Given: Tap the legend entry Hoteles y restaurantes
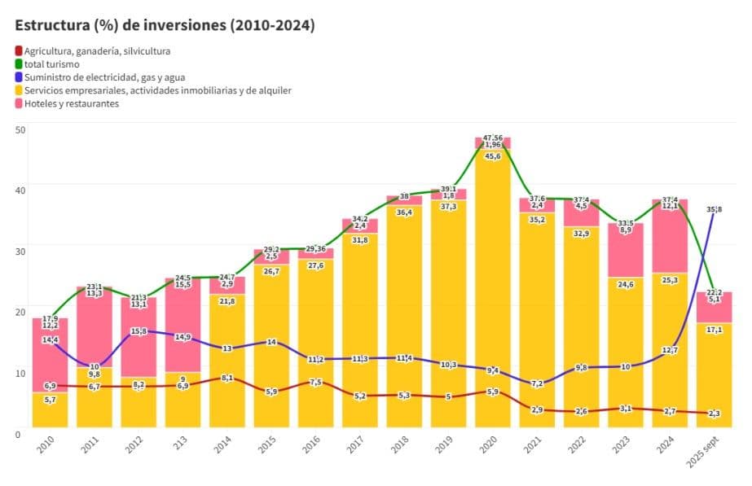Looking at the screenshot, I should click(72, 103).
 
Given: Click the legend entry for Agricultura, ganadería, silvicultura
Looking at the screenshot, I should click(97, 51).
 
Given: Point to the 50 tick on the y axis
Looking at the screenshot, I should click(20, 129).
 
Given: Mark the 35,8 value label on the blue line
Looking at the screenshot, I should click(715, 209).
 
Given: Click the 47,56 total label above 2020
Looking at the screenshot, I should click(493, 138).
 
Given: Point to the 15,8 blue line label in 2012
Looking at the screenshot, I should click(139, 331).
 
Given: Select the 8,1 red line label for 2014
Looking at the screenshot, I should click(227, 378).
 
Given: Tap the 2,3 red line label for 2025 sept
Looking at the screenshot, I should click(715, 414).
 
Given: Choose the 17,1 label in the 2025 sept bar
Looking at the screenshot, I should click(715, 329).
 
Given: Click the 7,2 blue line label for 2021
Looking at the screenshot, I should click(537, 383).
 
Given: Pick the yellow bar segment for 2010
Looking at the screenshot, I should click(51, 411).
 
